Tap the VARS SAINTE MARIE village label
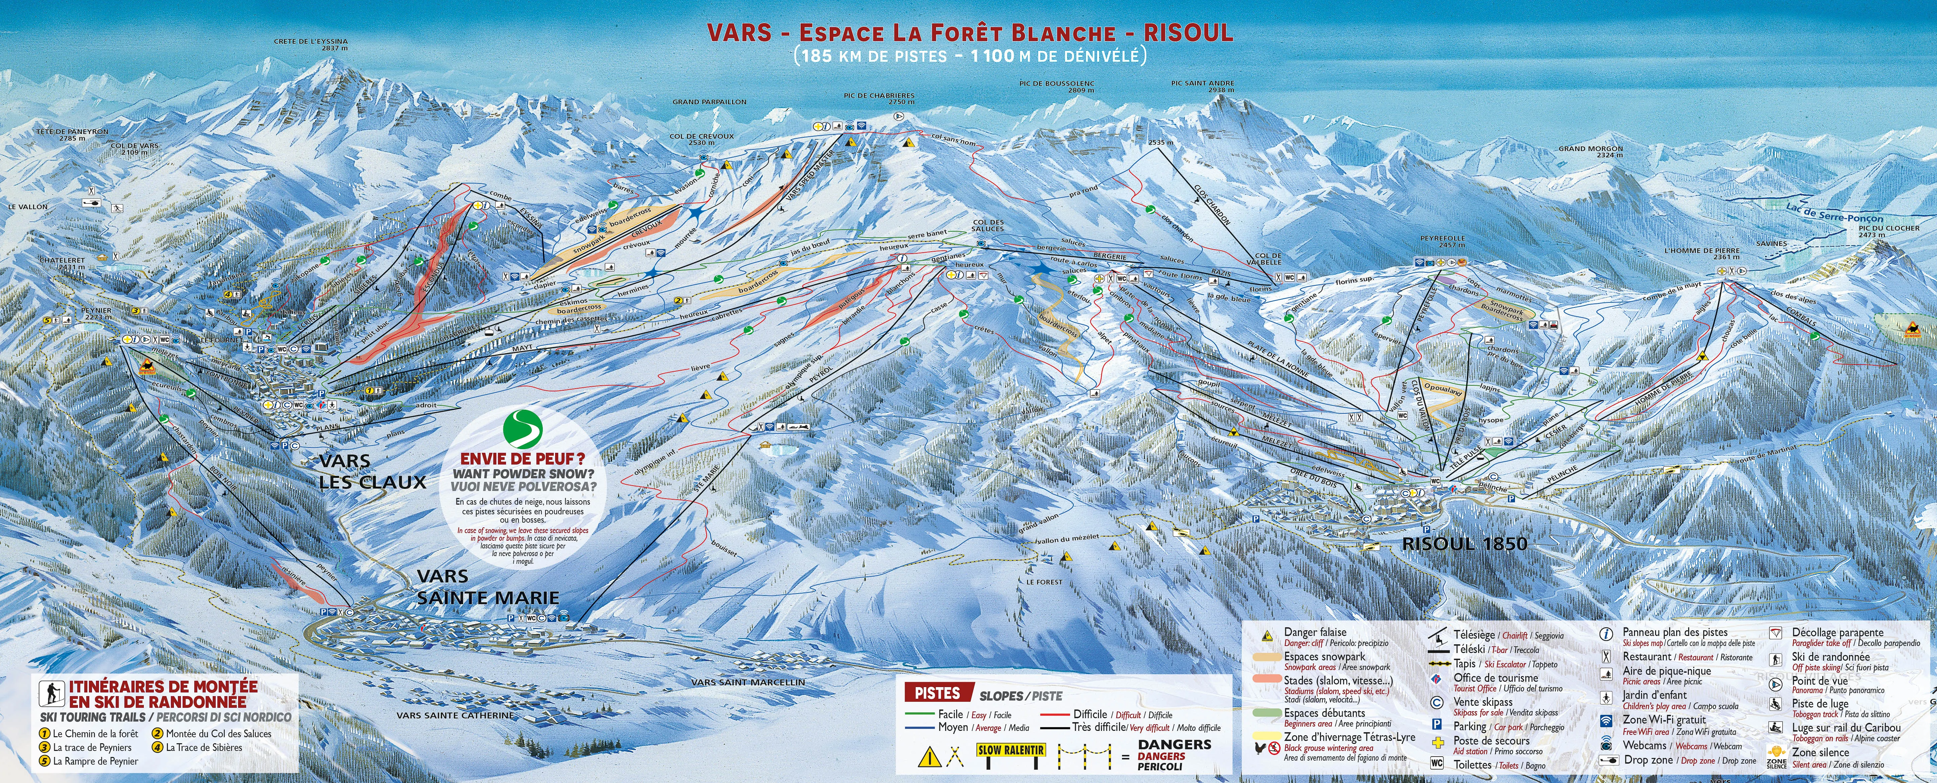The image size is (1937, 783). coord(487,587)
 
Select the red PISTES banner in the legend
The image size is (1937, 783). coord(937,693)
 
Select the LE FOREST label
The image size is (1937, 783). coord(1044,581)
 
